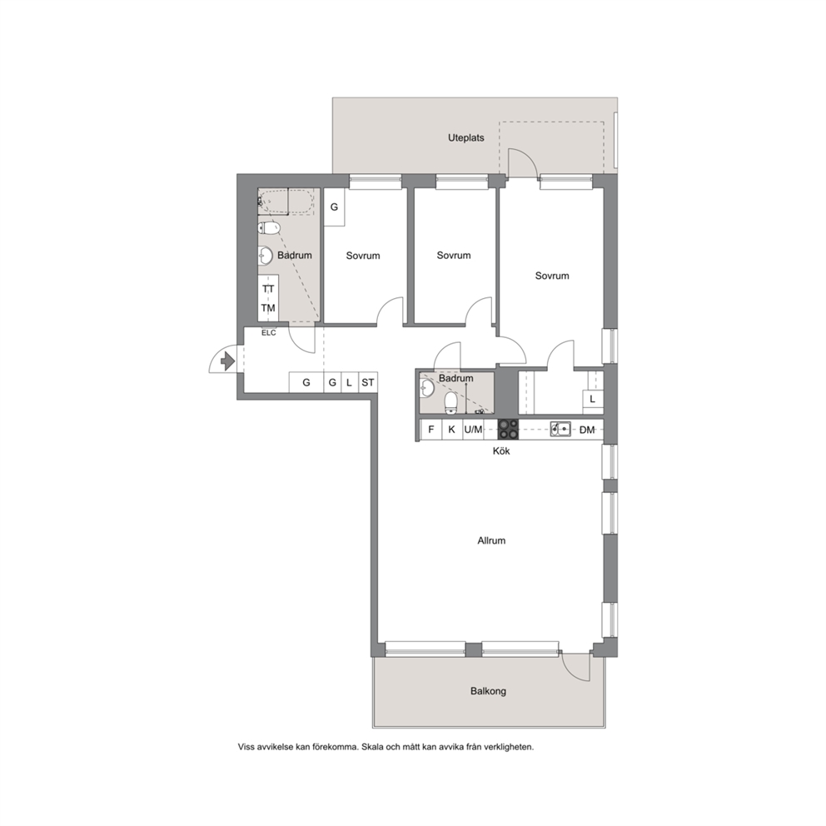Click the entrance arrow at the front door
tap(227, 361)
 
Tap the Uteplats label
tap(466, 138)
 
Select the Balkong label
tap(488, 691)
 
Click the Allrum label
tap(491, 540)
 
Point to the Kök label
tap(501, 451)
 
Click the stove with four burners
tap(509, 430)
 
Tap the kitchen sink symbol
tap(560, 430)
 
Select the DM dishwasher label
tap(587, 430)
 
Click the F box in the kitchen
tap(431, 430)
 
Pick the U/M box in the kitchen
tap(473, 430)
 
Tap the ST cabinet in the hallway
tap(368, 382)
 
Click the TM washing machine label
tap(268, 308)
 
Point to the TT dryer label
tap(268, 289)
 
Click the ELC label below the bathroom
tap(269, 333)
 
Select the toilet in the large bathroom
tap(269, 228)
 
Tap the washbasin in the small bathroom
tap(426, 389)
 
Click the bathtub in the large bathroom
tap(286, 202)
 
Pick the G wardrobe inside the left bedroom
tap(334, 207)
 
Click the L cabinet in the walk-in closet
tap(593, 400)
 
